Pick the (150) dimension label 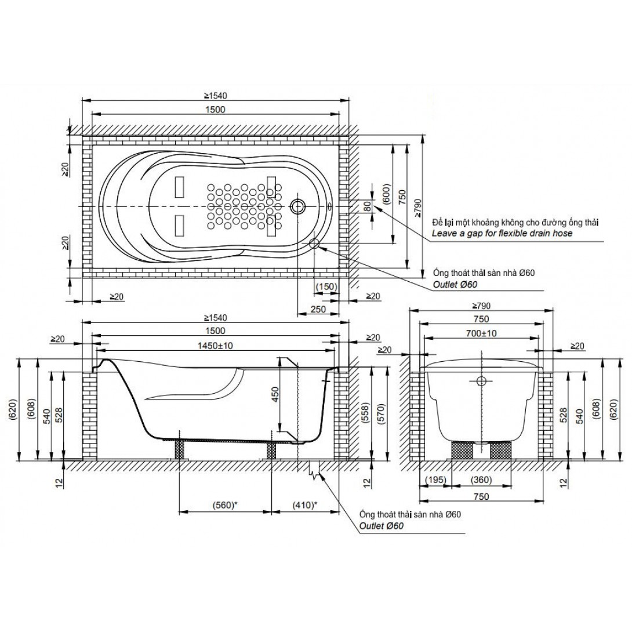point(326,286)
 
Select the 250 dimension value point(318,310)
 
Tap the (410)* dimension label point(303,504)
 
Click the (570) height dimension point(381,411)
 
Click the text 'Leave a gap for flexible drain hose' point(502,233)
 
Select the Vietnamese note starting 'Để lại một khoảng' point(515,222)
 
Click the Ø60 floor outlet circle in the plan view point(315,244)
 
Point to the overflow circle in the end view point(481,380)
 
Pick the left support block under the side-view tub point(179,449)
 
